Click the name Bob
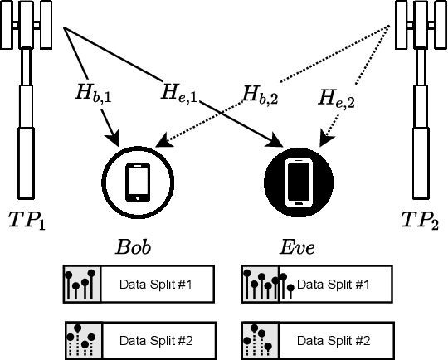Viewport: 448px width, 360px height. point(134,247)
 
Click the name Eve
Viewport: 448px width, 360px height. point(296,247)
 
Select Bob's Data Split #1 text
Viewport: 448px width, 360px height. point(155,284)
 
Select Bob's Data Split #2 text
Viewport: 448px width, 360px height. point(155,339)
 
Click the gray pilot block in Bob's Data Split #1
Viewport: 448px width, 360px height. point(82,284)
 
